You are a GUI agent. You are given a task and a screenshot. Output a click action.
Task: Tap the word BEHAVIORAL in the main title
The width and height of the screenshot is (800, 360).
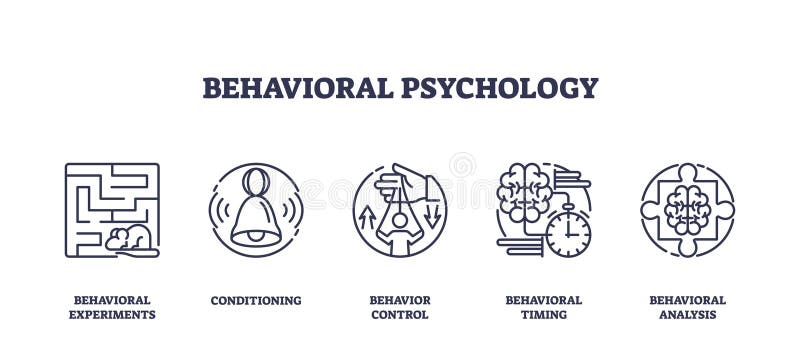[x=298, y=88]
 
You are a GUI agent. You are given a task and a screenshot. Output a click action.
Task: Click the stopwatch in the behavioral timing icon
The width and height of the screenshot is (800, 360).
[x=567, y=233]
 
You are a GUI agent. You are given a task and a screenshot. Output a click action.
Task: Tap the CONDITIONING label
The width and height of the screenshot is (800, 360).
[x=255, y=300]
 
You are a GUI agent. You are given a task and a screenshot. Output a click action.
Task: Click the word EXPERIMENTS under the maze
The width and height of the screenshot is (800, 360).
[x=112, y=315]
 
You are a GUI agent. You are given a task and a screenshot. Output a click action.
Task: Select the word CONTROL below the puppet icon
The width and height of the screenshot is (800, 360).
[x=399, y=315]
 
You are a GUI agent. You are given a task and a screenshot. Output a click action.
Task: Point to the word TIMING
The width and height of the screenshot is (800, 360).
[x=543, y=315]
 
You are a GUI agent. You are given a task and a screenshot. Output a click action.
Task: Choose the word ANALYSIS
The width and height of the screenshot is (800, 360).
[x=687, y=315]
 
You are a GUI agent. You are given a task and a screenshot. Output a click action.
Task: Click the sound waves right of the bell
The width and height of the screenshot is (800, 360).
[x=293, y=210]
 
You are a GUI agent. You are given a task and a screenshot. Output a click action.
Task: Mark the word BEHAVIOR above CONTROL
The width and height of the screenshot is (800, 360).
[x=399, y=300]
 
